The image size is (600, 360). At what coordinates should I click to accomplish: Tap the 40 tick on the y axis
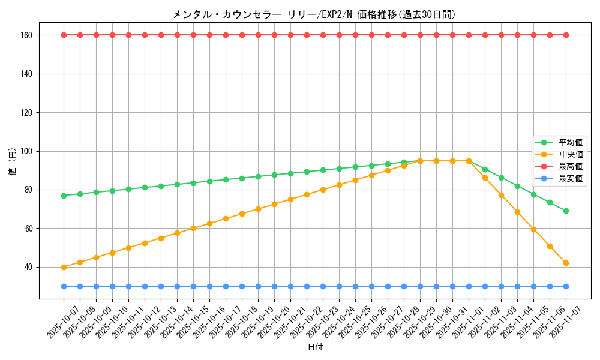point(28,267)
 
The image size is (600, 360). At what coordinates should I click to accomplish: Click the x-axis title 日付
point(315,347)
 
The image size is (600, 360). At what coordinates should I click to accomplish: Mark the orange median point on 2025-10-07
point(64,267)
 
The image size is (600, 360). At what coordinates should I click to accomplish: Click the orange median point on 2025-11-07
point(566,263)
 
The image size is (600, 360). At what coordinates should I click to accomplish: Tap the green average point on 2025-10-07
point(64,196)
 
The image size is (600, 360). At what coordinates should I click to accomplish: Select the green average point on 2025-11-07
point(566,211)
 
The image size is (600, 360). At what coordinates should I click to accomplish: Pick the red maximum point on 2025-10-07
point(64,35)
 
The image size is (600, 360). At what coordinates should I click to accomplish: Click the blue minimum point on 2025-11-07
point(566,286)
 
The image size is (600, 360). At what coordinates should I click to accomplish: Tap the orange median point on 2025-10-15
point(193,228)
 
